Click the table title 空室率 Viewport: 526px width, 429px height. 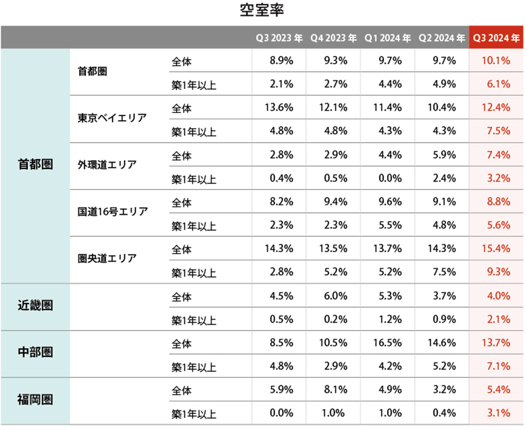[262, 11]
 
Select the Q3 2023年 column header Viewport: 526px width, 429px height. [279, 38]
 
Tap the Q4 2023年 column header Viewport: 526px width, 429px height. [333, 38]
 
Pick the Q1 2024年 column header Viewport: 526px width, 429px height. [388, 38]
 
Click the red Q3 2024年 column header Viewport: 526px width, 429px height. [496, 38]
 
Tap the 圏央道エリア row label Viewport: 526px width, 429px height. [107, 259]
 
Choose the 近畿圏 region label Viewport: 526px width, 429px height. [35, 305]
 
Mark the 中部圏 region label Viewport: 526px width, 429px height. [35, 353]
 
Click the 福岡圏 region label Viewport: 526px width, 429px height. [35, 400]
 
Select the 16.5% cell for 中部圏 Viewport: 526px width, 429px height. [388, 343]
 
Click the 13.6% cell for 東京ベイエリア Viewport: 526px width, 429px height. [279, 108]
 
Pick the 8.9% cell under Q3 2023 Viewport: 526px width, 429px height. [281, 60]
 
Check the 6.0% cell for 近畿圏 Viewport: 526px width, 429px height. [336, 296]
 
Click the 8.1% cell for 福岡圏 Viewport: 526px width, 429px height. [336, 390]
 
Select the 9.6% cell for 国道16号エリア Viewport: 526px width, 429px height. [390, 202]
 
